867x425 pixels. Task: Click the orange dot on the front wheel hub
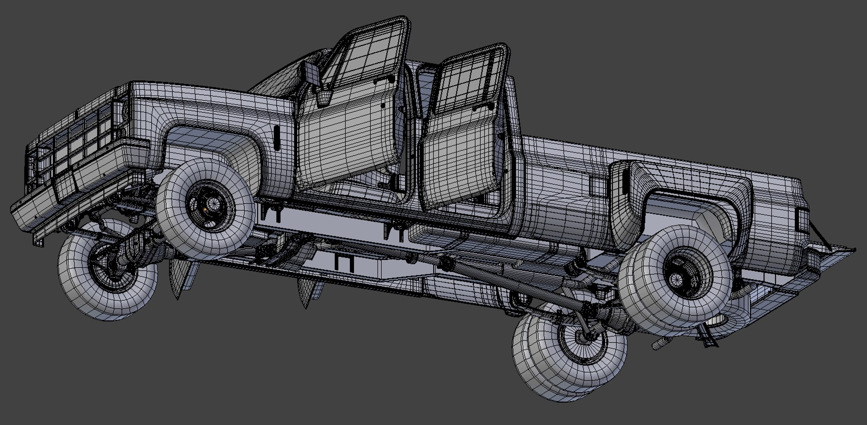click(206, 209)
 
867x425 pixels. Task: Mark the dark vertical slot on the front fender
click(276, 137)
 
